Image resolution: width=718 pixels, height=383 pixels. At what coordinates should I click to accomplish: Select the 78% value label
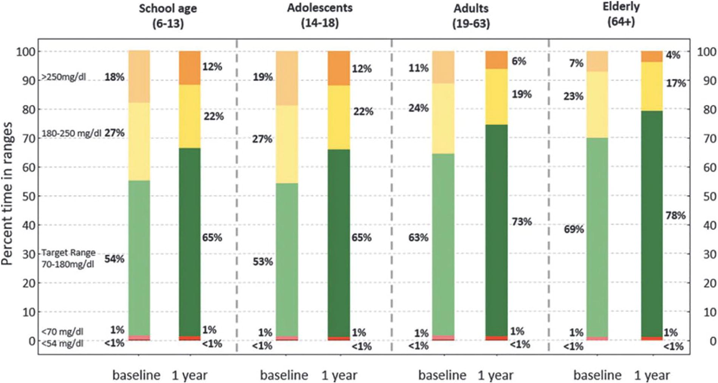[x=675, y=215]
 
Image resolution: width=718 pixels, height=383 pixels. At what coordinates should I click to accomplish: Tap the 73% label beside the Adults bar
[x=522, y=221]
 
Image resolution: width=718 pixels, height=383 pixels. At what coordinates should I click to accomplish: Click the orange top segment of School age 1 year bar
[x=190, y=68]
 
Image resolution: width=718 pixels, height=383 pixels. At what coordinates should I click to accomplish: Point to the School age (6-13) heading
[x=168, y=16]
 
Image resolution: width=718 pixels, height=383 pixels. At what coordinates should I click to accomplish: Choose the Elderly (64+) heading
[x=621, y=14]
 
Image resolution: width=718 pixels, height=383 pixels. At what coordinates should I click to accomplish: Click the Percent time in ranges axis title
[x=7, y=194]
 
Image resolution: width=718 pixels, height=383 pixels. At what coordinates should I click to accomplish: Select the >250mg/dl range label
[x=63, y=77]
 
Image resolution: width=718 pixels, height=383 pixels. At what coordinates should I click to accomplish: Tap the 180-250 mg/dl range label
[x=71, y=133]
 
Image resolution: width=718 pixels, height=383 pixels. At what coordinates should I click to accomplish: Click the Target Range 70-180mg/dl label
[x=68, y=258]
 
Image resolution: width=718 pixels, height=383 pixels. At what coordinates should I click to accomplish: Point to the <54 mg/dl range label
[x=62, y=344]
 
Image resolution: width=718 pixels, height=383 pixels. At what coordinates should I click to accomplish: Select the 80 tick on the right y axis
[x=709, y=109]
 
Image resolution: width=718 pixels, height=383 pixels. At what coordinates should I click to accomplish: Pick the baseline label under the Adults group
[x=442, y=375]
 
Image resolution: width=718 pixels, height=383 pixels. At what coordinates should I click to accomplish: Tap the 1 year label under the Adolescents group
[x=339, y=375]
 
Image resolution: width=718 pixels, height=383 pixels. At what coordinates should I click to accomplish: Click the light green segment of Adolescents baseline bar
[x=287, y=260]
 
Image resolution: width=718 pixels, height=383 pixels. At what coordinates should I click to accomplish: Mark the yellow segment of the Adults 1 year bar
[x=496, y=97]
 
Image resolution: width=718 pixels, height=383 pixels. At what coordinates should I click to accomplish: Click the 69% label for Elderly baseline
[x=574, y=229]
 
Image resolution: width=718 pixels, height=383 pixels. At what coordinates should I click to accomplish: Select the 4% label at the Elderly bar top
[x=673, y=55]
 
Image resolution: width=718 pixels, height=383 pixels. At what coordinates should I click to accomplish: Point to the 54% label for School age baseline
[x=115, y=259]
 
